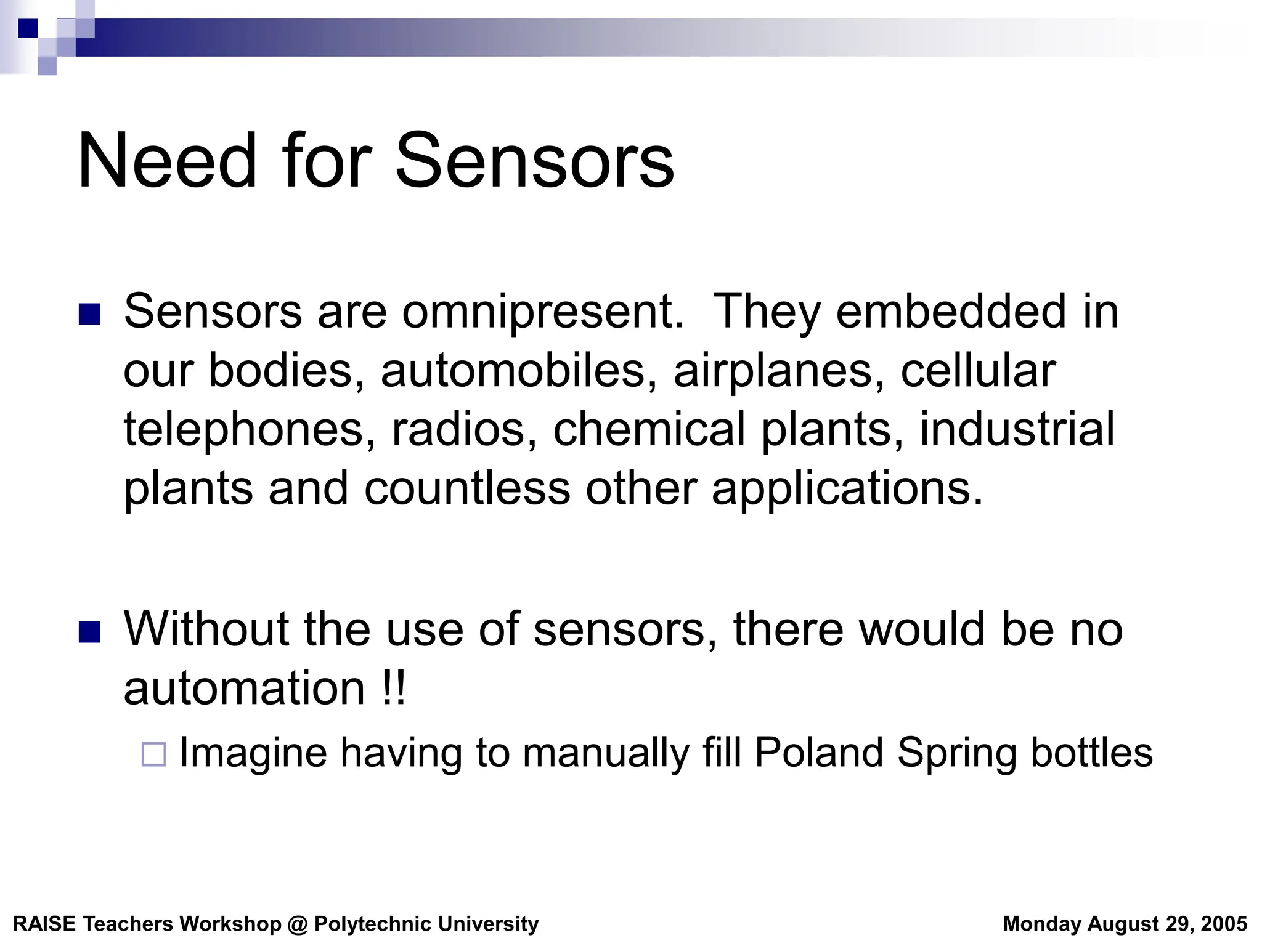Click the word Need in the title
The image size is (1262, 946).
pos(167,161)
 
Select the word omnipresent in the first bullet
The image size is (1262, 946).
pos(543,312)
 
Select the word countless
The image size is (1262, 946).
pos(467,488)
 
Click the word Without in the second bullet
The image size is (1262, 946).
pos(206,629)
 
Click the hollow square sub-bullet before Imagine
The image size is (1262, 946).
pos(154,754)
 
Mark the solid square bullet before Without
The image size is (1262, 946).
pos(90,632)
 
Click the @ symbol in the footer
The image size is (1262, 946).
pos(298,924)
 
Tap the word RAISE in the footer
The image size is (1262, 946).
pos(44,924)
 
